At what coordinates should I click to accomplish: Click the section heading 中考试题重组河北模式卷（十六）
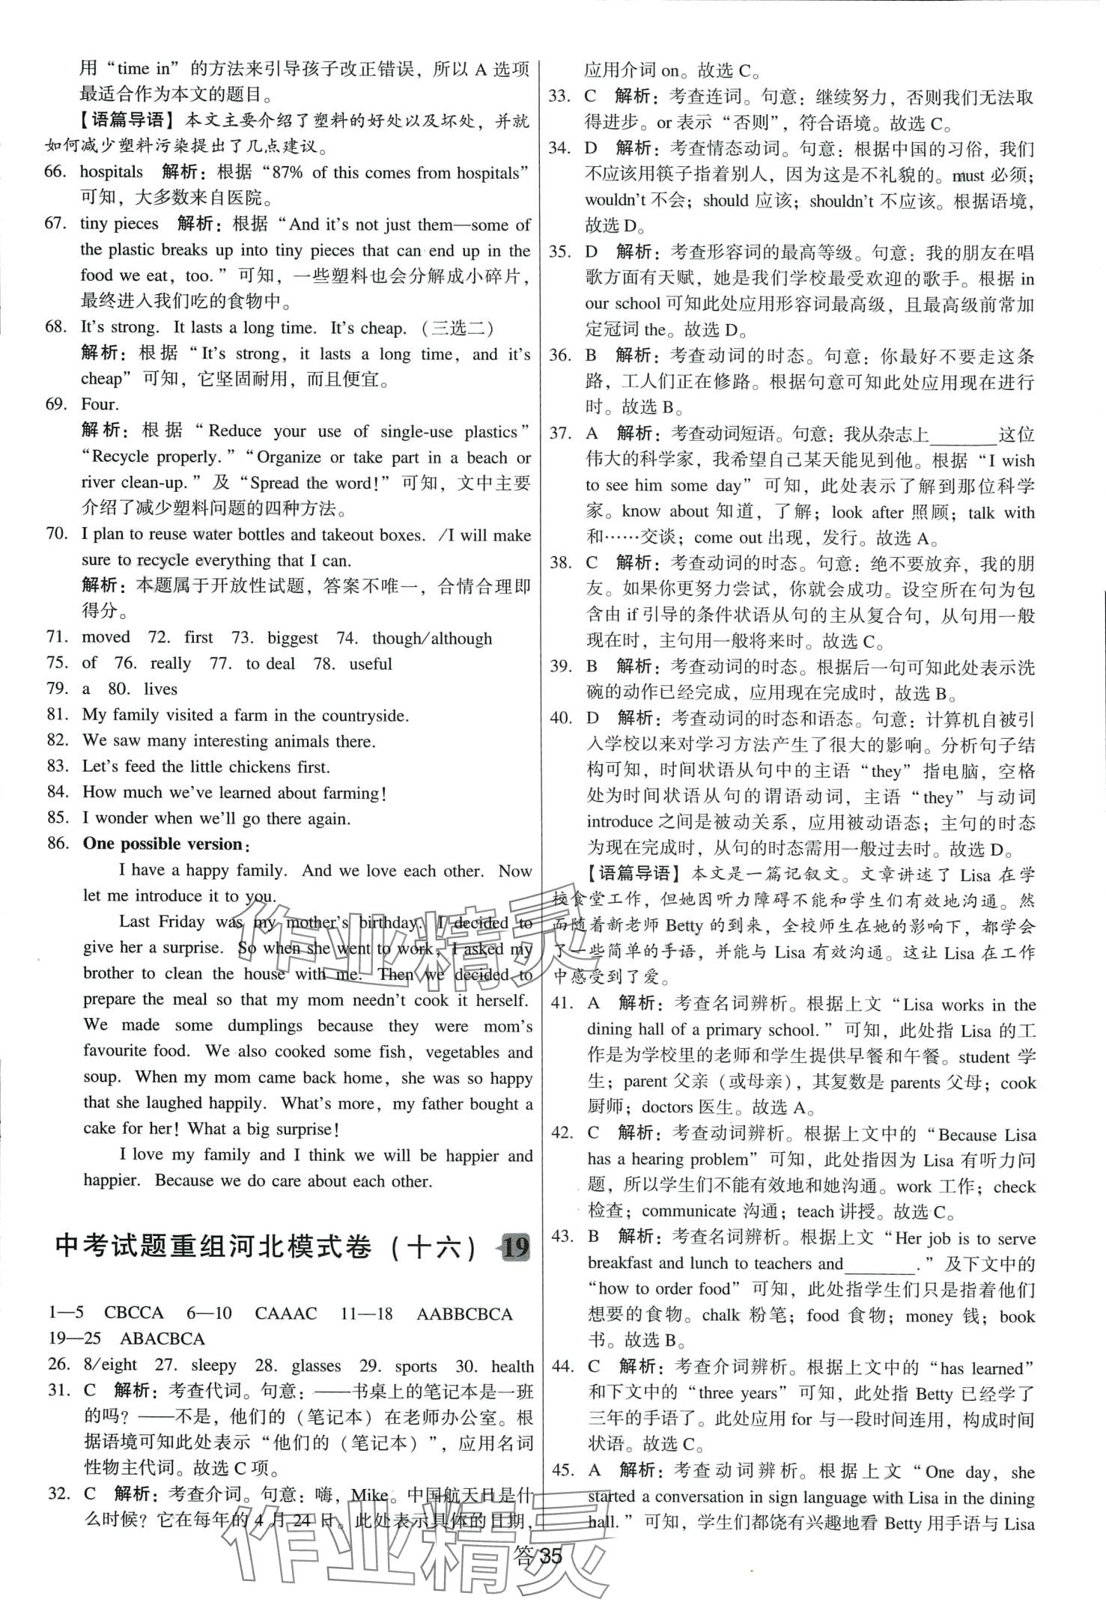266,1247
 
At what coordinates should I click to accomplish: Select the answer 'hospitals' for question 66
111,172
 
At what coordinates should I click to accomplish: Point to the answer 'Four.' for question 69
100,405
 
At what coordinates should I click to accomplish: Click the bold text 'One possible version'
162,844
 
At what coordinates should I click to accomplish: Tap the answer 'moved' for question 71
106,638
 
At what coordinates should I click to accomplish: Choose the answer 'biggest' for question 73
293,638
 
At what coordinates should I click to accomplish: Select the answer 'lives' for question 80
160,689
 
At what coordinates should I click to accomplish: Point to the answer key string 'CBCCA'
133,1314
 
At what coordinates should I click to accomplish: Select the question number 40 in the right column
560,719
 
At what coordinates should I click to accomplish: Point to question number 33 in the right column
560,97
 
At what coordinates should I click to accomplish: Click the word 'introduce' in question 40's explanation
619,822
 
